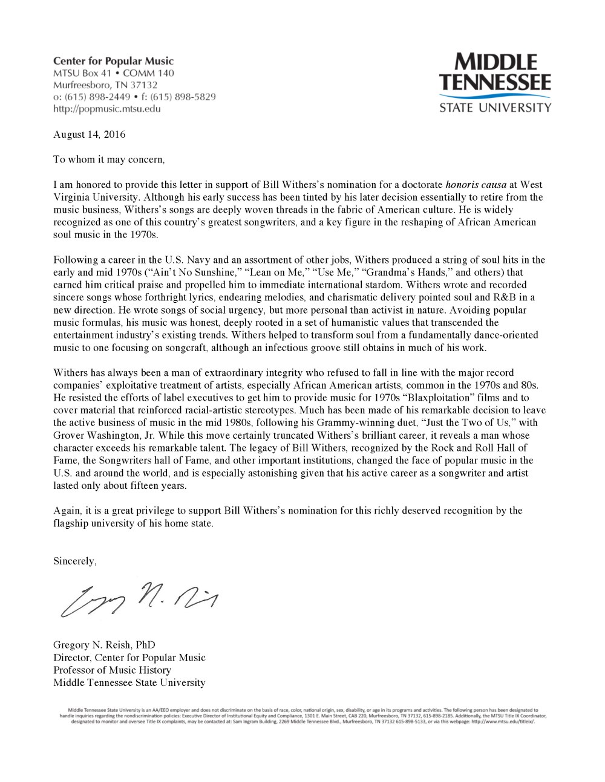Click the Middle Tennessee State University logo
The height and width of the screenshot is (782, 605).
coord(495,83)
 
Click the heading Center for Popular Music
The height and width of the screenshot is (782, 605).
coord(113,61)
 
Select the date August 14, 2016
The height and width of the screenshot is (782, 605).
coord(89,134)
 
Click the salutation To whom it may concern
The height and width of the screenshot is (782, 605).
coord(108,160)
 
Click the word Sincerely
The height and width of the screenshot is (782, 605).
coord(74,561)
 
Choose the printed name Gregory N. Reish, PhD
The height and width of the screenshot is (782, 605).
coord(104,645)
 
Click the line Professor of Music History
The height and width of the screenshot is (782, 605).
coord(112,670)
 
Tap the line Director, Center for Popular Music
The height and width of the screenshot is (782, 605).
coord(129,658)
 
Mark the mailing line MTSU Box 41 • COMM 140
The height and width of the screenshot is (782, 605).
coord(113,73)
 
